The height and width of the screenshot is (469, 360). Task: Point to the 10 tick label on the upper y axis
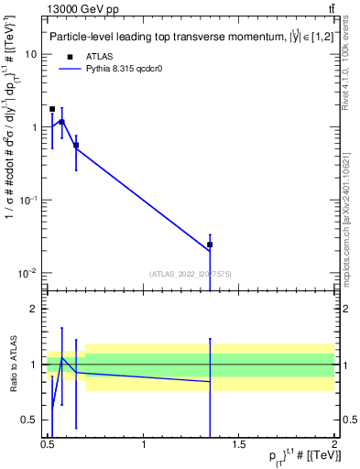[x=30, y=54]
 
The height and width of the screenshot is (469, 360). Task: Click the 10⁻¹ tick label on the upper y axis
[x=28, y=200]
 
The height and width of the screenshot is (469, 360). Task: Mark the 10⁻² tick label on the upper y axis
[x=28, y=273]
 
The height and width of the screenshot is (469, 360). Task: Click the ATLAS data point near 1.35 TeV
[x=211, y=245]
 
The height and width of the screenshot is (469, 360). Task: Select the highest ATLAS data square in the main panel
[x=52, y=109]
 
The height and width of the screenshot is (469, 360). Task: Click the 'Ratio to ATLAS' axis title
[x=12, y=365]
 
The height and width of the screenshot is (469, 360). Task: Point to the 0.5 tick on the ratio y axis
[x=30, y=420]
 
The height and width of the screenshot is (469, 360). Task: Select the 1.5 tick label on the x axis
[x=239, y=443]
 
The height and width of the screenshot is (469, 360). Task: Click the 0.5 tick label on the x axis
[x=48, y=443]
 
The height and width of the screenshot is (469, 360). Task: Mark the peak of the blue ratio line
[x=61, y=357]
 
